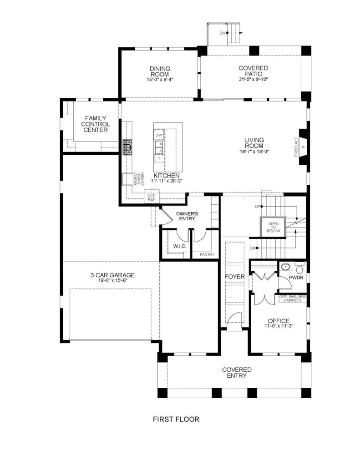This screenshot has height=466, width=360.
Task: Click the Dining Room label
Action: point(160,71)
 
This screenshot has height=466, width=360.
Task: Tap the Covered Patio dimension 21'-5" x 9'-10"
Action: point(254,79)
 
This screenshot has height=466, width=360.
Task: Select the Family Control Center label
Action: point(96,124)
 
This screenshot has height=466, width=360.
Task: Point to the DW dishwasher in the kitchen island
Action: point(159,135)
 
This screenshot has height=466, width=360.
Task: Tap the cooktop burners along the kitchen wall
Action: point(127,147)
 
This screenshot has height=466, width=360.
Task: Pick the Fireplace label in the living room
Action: point(296,147)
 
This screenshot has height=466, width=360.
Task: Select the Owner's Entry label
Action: point(187,216)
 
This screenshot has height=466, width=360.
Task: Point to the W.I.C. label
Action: point(180,246)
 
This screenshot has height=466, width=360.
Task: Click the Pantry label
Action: point(207,254)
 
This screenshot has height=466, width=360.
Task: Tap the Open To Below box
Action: point(273,227)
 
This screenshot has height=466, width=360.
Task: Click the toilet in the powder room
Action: point(299,268)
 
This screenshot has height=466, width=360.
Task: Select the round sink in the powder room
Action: point(285,267)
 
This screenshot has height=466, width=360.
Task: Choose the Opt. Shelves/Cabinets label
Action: point(293,299)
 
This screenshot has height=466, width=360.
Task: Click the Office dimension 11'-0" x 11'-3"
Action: point(279,326)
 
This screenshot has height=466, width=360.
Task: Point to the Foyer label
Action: point(234,277)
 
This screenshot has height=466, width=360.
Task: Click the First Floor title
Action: point(176,419)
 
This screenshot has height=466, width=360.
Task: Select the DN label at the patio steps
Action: point(223,33)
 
